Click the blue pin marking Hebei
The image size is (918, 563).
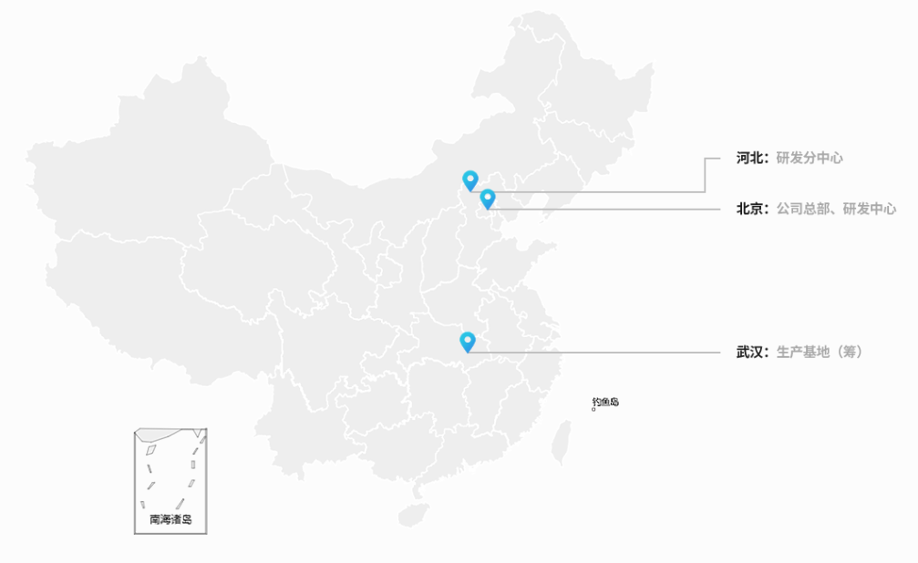[470, 180]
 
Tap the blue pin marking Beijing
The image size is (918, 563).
[488, 199]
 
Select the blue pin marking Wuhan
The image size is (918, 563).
[467, 342]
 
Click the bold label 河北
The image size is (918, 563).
[748, 158]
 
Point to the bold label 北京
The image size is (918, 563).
[748, 209]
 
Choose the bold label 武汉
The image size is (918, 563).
[748, 353]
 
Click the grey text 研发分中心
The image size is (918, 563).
[810, 158]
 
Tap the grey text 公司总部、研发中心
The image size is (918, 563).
[836, 209]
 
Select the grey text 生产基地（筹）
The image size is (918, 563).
[820, 353]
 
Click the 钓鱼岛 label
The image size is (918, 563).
[605, 402]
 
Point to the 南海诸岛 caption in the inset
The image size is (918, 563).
[170, 519]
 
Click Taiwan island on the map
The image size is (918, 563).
[561, 442]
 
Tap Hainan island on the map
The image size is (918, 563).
[413, 515]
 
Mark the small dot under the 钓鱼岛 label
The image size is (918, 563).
[593, 410]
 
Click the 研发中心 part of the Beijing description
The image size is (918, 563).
[870, 209]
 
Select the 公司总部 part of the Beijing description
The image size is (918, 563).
[802, 209]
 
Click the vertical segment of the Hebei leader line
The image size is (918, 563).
[705, 174]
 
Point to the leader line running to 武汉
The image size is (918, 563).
[593, 353]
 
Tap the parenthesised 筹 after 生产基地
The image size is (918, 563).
[851, 353]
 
